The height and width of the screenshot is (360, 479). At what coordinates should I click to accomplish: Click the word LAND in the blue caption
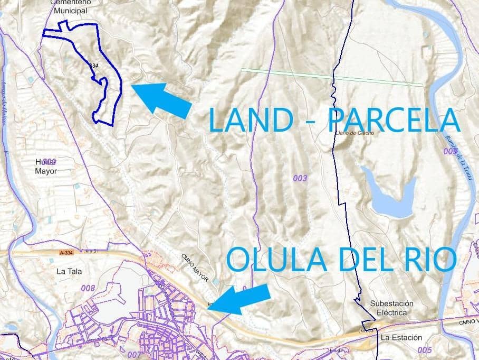click(x=251, y=120)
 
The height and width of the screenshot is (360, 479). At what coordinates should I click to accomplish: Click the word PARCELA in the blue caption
click(x=393, y=120)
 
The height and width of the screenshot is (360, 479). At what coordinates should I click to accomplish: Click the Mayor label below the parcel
click(x=45, y=171)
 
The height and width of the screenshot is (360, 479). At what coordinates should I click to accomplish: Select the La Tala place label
click(x=69, y=272)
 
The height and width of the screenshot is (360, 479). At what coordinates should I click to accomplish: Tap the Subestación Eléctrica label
click(x=391, y=308)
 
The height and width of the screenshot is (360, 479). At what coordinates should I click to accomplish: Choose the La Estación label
click(x=401, y=337)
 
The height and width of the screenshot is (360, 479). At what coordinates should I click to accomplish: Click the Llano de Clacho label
click(x=355, y=133)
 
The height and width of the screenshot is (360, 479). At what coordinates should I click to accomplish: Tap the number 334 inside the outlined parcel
click(x=93, y=66)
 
